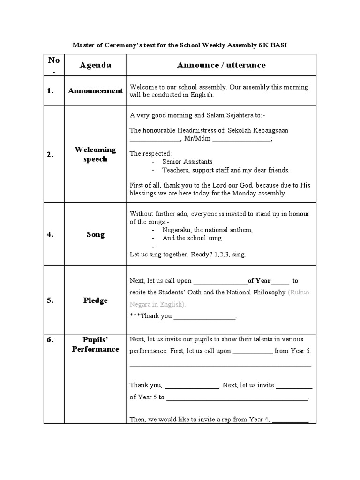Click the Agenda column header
(95, 65)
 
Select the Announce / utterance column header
(221, 65)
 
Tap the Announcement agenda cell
(95, 91)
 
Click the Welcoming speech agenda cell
(95, 154)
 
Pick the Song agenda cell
(95, 234)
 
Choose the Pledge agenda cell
(95, 300)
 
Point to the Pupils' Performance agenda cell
(95, 344)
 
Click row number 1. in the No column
(51, 91)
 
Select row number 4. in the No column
(51, 234)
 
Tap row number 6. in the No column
(51, 339)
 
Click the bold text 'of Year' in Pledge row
(259, 281)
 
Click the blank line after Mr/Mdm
(242, 140)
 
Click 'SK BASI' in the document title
(278, 45)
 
